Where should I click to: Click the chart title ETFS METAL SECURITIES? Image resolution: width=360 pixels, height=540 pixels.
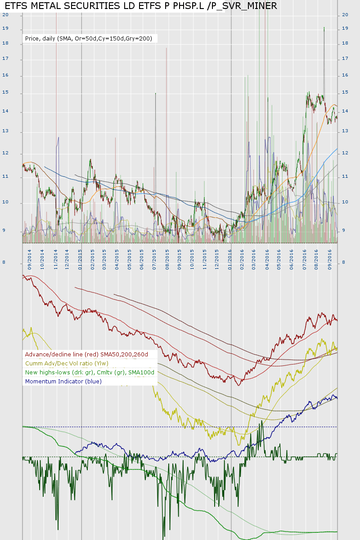coord(141,6)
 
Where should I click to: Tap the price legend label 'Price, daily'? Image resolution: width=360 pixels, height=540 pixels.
coord(89,39)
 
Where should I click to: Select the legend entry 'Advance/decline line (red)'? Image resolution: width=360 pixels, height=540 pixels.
coord(86,354)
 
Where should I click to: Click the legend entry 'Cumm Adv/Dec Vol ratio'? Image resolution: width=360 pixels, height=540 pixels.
coord(67,363)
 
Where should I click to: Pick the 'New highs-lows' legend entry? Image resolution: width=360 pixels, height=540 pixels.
coord(90,372)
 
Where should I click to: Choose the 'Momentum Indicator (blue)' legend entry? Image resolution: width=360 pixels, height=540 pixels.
coord(63,381)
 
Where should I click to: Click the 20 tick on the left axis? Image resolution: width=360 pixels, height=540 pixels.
coord(5,14)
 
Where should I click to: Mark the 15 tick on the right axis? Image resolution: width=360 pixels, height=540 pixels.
coord(345,92)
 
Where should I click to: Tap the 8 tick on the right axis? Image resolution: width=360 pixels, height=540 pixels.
coord(344,262)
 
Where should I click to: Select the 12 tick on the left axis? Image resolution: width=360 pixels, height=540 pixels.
coord(5,153)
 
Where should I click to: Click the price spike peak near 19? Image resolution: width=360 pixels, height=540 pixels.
coord(324,27)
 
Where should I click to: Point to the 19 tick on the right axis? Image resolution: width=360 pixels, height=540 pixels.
coord(345,28)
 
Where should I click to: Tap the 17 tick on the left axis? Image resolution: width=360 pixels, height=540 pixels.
coord(5,58)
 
